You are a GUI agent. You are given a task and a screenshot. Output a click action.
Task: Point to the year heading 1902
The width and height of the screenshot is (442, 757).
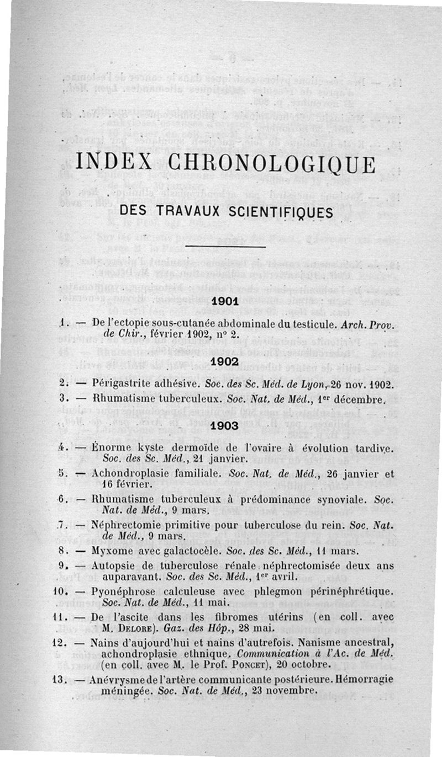225,361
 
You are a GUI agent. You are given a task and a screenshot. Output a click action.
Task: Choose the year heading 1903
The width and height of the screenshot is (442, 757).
225,425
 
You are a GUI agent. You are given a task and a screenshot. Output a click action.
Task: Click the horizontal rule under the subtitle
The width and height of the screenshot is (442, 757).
226,246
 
